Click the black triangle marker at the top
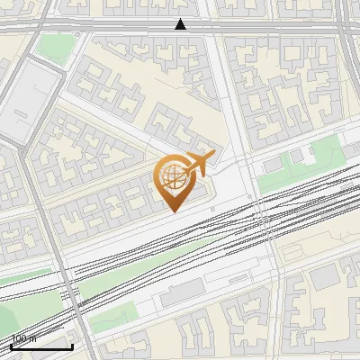(x=181, y=24)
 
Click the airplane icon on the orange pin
(x=200, y=164)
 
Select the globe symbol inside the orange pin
(x=170, y=177)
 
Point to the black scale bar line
(x=40, y=346)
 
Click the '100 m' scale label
(x=24, y=339)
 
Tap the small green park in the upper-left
(x=54, y=49)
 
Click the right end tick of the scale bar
(x=72, y=346)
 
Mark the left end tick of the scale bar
(x=10, y=346)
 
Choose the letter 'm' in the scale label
(x=33, y=339)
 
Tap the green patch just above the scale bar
(x=18, y=319)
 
